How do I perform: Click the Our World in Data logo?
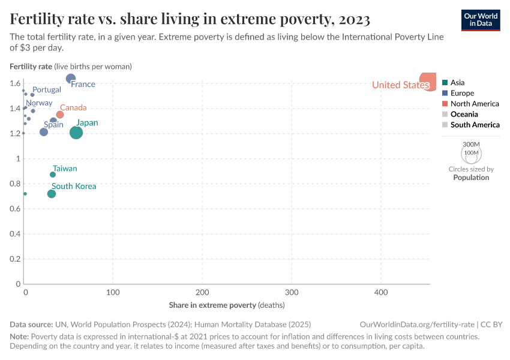tap(480, 19)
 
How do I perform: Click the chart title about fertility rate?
tap(190, 19)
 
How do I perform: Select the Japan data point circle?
tap(76, 133)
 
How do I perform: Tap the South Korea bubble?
tap(52, 194)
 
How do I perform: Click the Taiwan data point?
tap(53, 175)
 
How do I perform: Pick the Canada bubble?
tap(60, 115)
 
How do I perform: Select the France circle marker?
tap(71, 79)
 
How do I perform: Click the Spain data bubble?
tap(44, 132)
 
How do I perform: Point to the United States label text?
tap(400, 85)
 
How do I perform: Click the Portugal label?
tap(47, 90)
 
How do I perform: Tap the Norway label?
tap(39, 103)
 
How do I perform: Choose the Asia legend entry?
tap(457, 83)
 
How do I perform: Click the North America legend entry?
tap(474, 104)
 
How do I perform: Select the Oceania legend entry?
tap(464, 115)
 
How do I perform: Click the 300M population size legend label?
tap(472, 145)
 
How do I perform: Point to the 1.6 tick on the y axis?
tap(15, 83)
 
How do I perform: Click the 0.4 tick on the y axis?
tap(15, 234)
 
